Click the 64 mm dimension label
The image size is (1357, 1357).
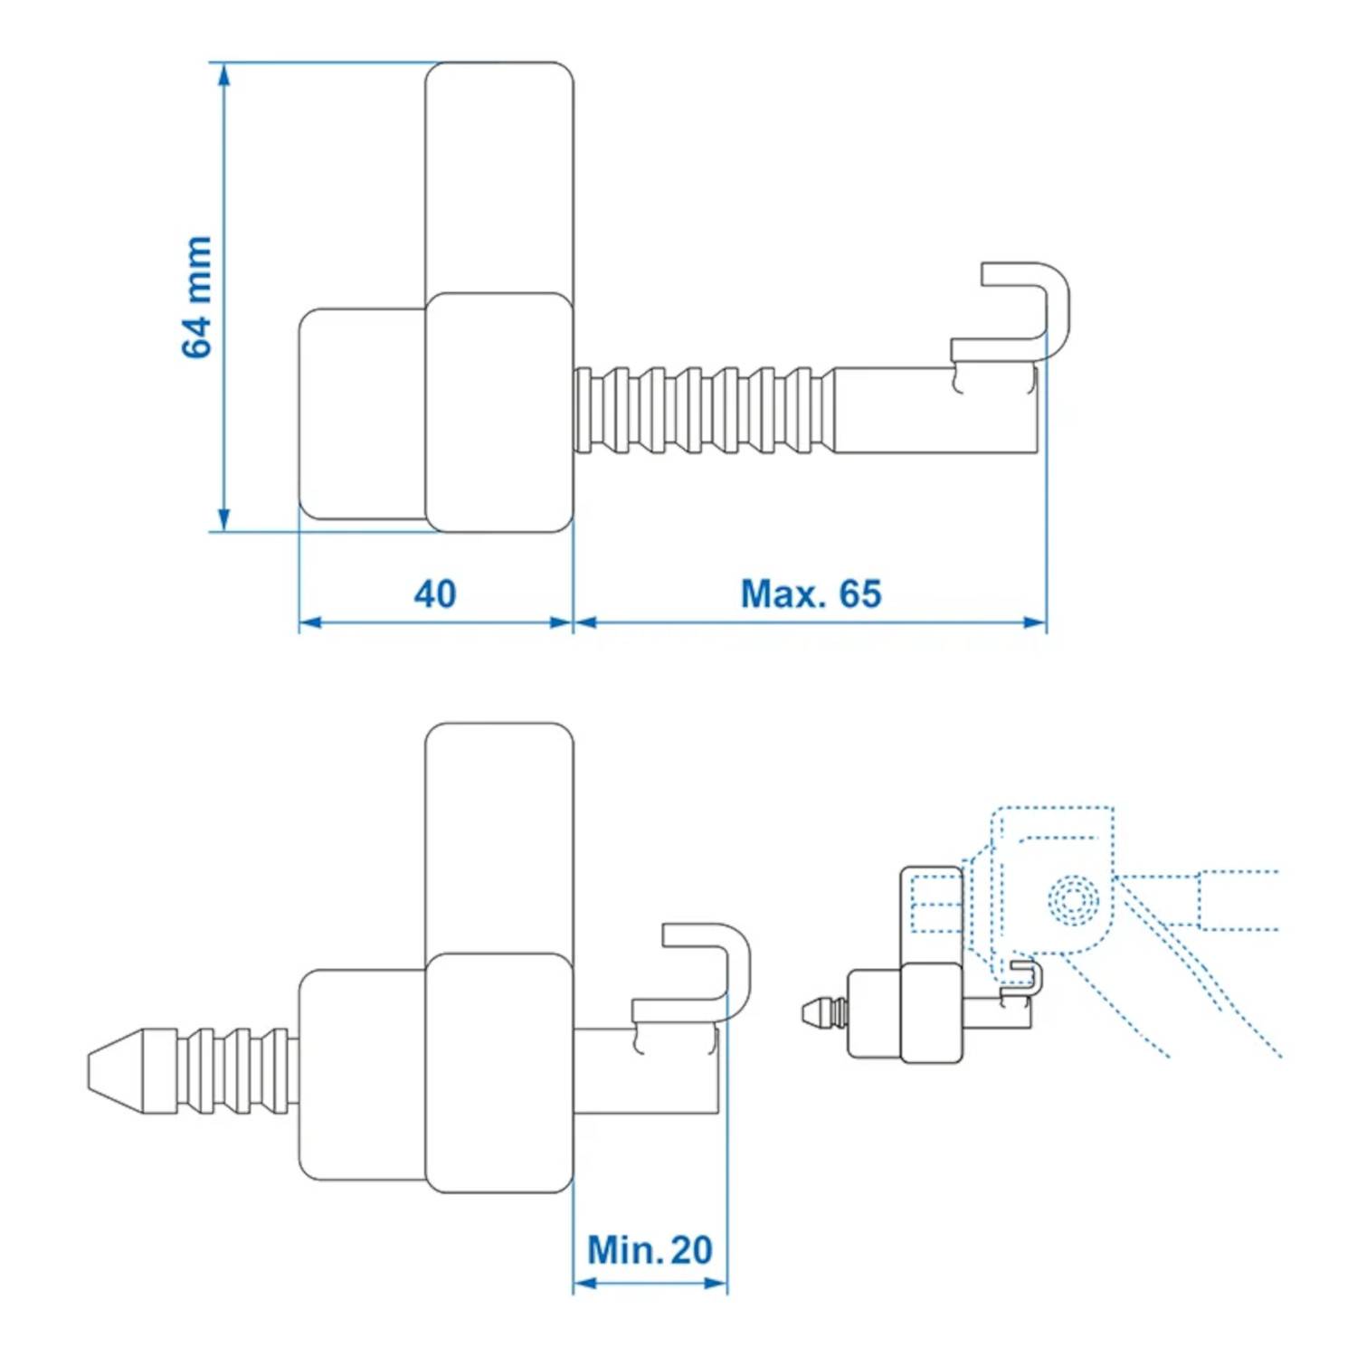pyautogui.click(x=197, y=297)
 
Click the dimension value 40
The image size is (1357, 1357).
pyautogui.click(x=435, y=594)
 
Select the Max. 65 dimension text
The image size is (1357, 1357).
pyautogui.click(x=811, y=594)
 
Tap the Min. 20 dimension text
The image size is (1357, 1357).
pyautogui.click(x=650, y=1250)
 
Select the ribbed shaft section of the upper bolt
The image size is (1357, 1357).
pyautogui.click(x=701, y=410)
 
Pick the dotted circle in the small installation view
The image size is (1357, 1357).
pyautogui.click(x=1073, y=900)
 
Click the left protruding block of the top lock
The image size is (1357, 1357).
pyautogui.click(x=362, y=414)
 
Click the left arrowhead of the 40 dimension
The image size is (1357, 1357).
pyautogui.click(x=310, y=622)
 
